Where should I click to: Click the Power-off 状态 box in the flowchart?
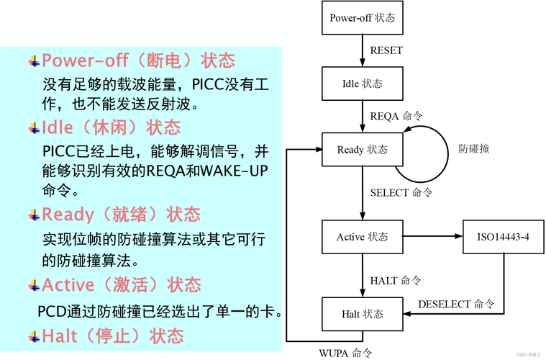click(x=362, y=18)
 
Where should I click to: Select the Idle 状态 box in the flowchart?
click(x=362, y=84)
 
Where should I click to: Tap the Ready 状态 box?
click(x=362, y=150)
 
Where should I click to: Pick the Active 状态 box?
click(x=362, y=237)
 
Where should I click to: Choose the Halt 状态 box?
click(x=362, y=314)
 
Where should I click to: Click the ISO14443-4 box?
click(x=503, y=237)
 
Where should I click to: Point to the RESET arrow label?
click(x=386, y=50)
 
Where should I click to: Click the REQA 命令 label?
click(x=396, y=116)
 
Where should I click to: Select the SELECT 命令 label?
click(x=401, y=193)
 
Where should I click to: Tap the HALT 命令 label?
click(x=396, y=281)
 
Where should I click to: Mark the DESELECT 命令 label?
click(x=456, y=305)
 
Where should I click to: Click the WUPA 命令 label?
click(x=345, y=354)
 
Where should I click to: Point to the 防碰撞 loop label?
click(x=474, y=149)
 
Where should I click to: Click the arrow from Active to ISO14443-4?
click(x=433, y=236)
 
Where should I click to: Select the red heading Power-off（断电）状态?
click(x=139, y=60)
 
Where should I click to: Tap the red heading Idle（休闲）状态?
click(x=111, y=127)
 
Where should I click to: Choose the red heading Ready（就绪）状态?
click(x=121, y=214)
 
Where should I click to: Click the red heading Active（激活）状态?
click(x=122, y=284)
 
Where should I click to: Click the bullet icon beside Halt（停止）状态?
click(x=34, y=337)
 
